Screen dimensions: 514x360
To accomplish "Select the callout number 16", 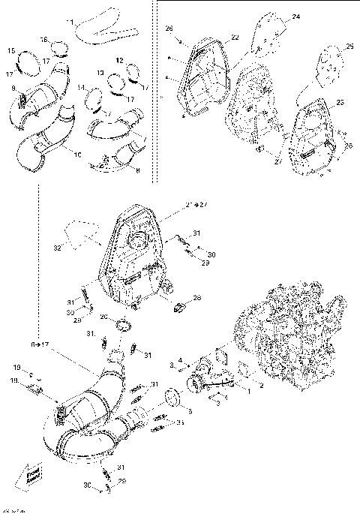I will tap(43, 40).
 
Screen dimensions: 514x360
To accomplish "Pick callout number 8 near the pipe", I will tap(136, 171).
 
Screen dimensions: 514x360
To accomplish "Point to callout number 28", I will tap(197, 298).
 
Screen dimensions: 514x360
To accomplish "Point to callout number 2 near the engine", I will tap(261, 386).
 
